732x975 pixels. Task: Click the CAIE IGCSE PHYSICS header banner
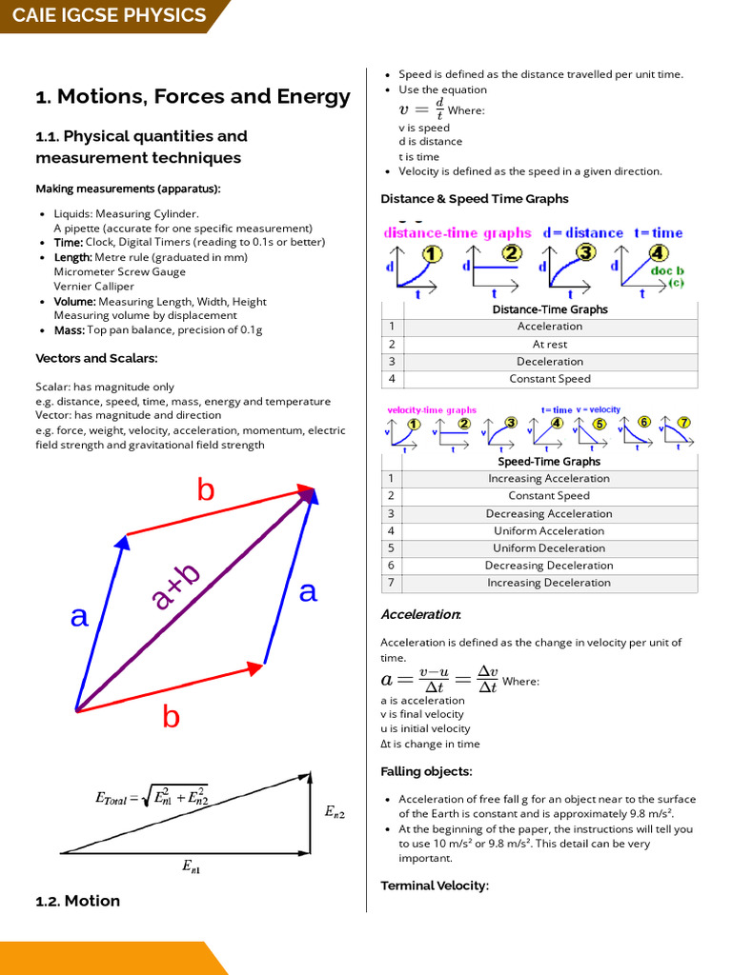pyautogui.click(x=109, y=16)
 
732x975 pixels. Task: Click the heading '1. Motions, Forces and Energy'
pyautogui.click(x=193, y=96)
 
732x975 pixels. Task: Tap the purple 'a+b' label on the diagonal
pyautogui.click(x=176, y=587)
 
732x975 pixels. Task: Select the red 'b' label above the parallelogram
pyautogui.click(x=206, y=490)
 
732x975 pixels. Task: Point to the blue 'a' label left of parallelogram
pyautogui.click(x=79, y=617)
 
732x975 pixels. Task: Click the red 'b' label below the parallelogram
pyautogui.click(x=171, y=716)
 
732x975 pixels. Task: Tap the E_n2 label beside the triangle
pyautogui.click(x=335, y=812)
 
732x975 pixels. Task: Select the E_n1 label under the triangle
pyautogui.click(x=192, y=866)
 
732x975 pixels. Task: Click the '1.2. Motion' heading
pyautogui.click(x=78, y=901)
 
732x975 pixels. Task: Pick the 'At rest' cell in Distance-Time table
pyautogui.click(x=550, y=344)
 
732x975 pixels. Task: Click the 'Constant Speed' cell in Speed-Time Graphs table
pyautogui.click(x=549, y=496)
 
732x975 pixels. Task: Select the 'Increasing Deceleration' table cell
pyautogui.click(x=549, y=583)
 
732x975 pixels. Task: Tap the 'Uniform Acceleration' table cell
pyautogui.click(x=549, y=531)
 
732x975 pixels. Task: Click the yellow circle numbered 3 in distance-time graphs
pyautogui.click(x=584, y=253)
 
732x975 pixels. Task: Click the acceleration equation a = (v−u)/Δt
pyautogui.click(x=439, y=680)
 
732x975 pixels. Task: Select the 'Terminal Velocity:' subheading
pyautogui.click(x=435, y=885)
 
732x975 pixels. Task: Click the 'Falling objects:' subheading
pyautogui.click(x=426, y=771)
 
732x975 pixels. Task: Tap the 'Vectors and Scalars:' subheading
pyautogui.click(x=96, y=358)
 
